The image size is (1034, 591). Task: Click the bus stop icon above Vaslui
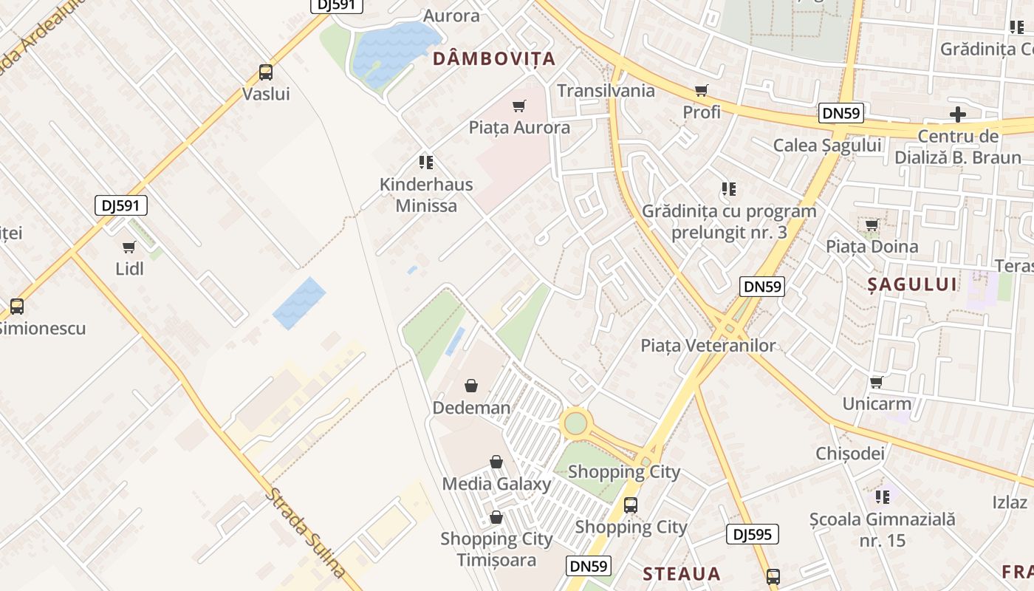tap(266, 72)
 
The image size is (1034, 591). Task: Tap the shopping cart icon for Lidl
tap(129, 247)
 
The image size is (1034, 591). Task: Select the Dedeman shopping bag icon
tap(470, 386)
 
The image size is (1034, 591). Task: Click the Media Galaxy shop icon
tap(496, 462)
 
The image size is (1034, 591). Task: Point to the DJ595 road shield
tap(752, 534)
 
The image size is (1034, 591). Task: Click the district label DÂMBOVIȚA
tap(493, 59)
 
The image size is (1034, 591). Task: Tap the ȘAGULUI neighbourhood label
tap(912, 284)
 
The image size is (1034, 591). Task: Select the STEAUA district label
tap(681, 574)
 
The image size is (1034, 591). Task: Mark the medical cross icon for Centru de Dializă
tap(958, 115)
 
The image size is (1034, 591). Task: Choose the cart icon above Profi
tap(701, 91)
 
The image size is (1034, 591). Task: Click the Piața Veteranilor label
tap(708, 345)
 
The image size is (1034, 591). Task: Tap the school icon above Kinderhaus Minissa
tap(425, 162)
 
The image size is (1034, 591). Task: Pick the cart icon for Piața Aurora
tap(519, 106)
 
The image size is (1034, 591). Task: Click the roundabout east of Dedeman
tap(575, 423)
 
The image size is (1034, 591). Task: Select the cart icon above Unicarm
tap(877, 382)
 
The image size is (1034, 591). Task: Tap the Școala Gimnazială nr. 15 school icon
tap(882, 496)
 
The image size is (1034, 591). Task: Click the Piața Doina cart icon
tap(872, 225)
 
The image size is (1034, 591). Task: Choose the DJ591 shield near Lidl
tap(121, 205)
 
